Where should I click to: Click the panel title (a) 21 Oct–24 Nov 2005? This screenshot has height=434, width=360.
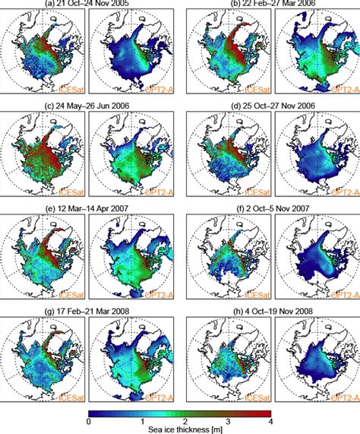click(x=90, y=6)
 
